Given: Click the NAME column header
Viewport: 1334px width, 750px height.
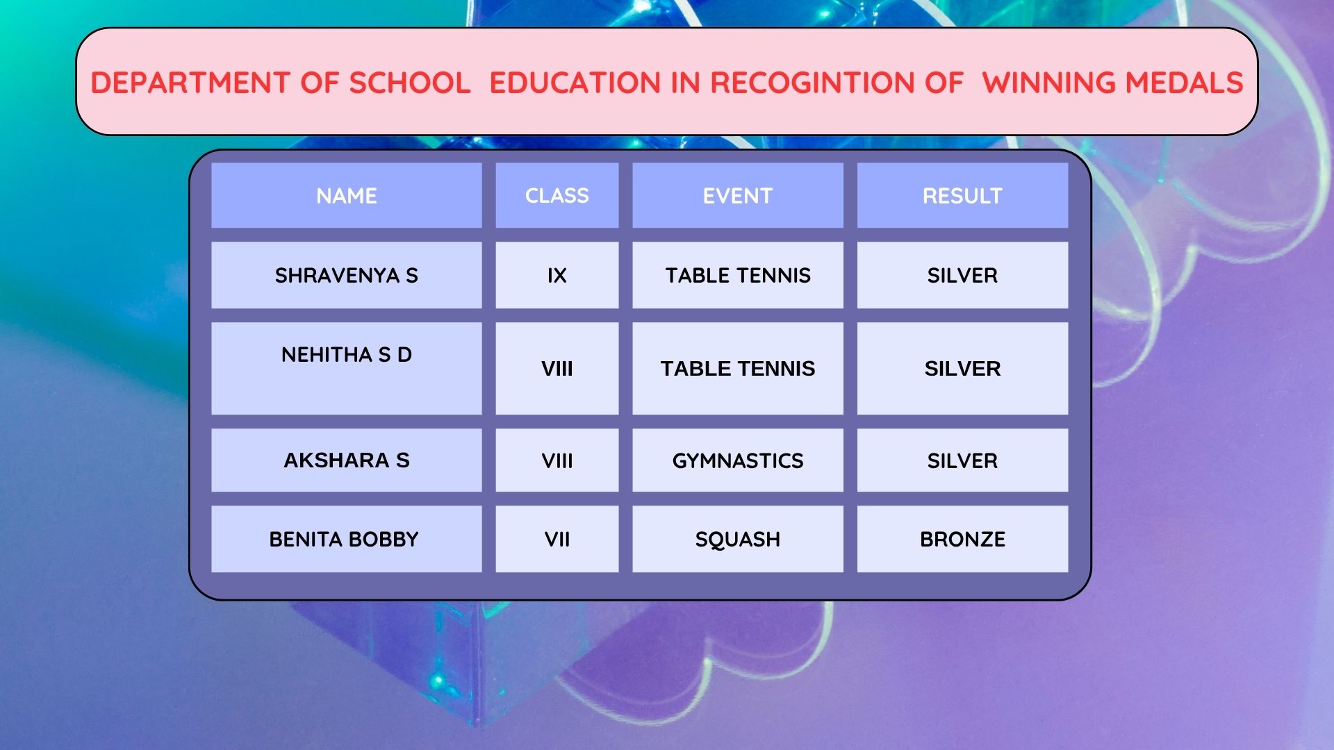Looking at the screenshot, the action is [x=347, y=196].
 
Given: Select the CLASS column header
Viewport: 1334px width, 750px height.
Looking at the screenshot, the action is [x=557, y=196].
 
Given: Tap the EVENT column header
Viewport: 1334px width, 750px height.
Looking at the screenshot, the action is [x=738, y=196].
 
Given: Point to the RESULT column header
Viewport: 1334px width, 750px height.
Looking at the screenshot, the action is [x=962, y=196].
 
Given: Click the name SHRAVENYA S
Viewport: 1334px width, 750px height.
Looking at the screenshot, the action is [x=347, y=276].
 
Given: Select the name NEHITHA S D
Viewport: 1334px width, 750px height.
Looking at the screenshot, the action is [x=347, y=355].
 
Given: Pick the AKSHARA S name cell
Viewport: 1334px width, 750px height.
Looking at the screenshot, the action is [x=347, y=460].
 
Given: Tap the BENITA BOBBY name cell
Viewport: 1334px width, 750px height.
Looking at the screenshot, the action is [x=347, y=539].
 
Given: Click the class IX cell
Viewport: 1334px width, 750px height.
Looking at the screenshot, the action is [x=557, y=275].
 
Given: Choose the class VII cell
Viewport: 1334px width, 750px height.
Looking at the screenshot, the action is [x=557, y=539].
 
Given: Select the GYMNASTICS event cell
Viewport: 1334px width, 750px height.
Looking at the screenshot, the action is [x=738, y=460].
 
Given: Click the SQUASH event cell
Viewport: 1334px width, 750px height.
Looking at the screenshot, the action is [x=738, y=539].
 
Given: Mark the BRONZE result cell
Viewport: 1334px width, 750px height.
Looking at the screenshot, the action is [x=962, y=539].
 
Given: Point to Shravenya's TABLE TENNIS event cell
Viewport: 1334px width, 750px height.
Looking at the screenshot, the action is [x=738, y=275].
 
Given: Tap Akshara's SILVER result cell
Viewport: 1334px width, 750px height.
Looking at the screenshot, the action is [x=962, y=460].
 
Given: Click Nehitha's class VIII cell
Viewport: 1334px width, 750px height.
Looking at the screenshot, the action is [x=557, y=368].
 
